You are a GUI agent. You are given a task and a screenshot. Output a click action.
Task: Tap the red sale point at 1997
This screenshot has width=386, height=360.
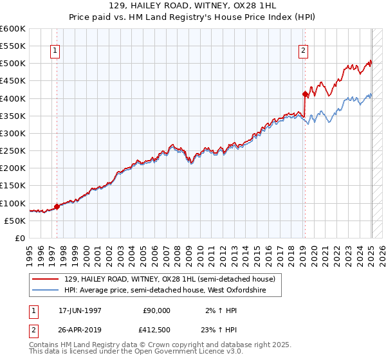[x=57, y=206]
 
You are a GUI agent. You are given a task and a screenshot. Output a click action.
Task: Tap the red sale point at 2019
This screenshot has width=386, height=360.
[x=305, y=94]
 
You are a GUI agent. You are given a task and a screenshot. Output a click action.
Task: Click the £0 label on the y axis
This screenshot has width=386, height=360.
[x=20, y=239]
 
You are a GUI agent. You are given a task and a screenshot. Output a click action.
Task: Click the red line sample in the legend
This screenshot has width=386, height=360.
[x=46, y=279]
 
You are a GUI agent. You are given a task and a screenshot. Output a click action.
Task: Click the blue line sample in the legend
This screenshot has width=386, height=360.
[x=46, y=291]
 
